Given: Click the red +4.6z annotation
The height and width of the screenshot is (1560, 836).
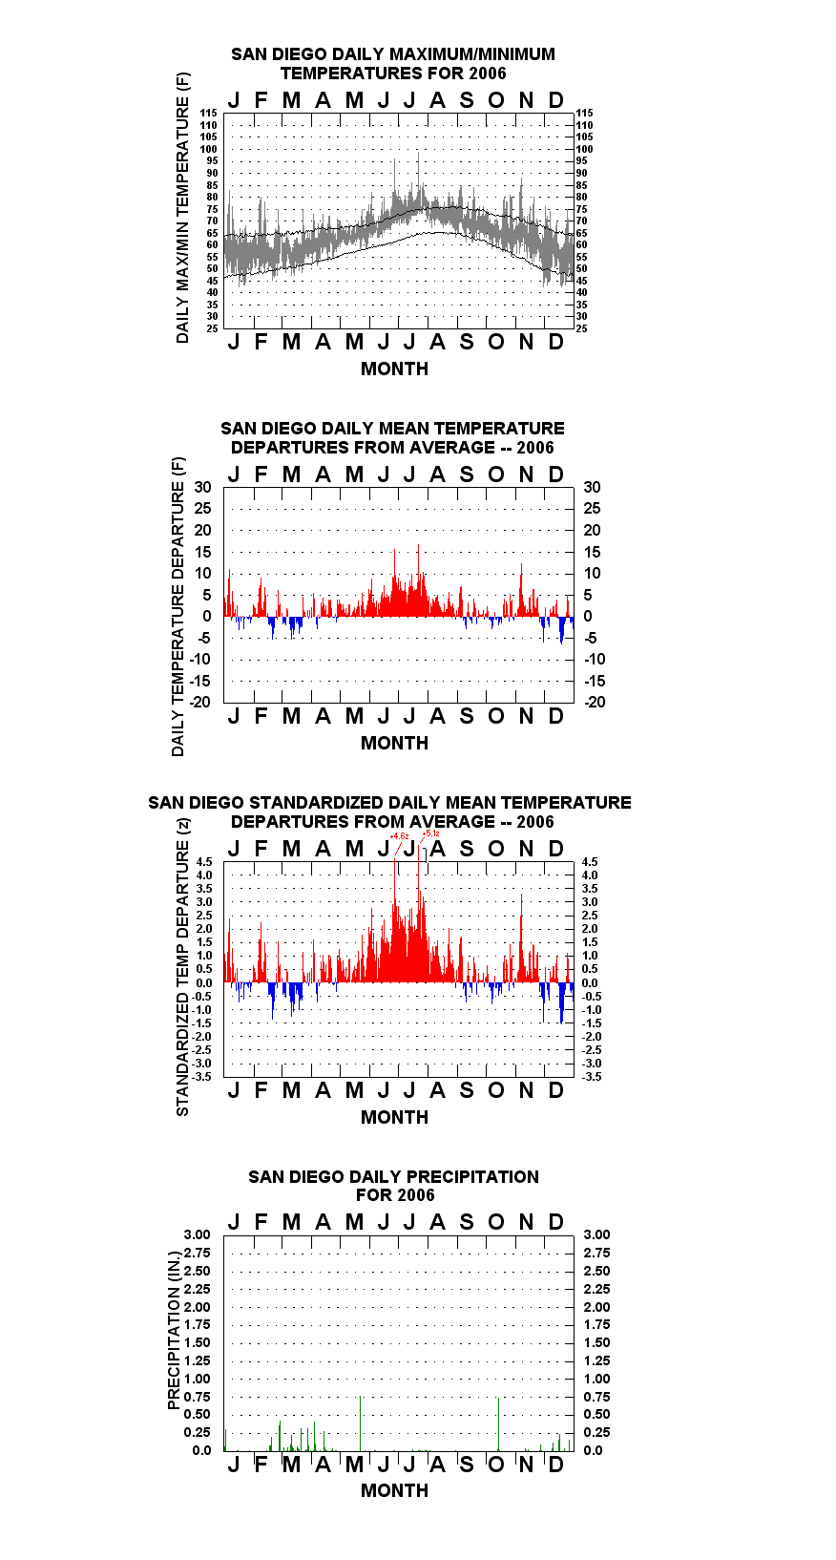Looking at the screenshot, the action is click(x=400, y=835).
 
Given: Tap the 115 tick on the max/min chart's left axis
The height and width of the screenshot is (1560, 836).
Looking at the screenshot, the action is click(x=209, y=113).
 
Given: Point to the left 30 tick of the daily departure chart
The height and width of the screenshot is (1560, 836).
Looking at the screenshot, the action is click(x=202, y=487).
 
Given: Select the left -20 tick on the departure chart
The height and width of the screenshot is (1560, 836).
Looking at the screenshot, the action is click(x=199, y=702).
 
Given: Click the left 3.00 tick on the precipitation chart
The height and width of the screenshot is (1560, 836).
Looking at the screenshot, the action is click(x=197, y=1234).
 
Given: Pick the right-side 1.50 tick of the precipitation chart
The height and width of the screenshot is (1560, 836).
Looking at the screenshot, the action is click(x=596, y=1342).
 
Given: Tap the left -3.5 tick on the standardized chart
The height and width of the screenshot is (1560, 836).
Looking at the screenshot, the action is click(x=202, y=1077).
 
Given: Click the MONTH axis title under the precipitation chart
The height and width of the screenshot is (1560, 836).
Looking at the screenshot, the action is click(x=395, y=1490).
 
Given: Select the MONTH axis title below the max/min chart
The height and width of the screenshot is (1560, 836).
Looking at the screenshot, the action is click(x=395, y=369).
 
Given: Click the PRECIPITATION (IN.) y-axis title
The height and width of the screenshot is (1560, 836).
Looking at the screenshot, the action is click(x=174, y=1331).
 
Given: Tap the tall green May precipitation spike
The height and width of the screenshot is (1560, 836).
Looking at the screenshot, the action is click(x=360, y=1423).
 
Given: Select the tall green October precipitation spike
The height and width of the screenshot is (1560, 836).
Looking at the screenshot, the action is click(x=498, y=1424).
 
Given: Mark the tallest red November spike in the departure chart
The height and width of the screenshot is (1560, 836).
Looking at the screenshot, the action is click(x=521, y=590).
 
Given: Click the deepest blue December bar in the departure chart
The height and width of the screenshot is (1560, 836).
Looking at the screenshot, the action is click(x=562, y=630).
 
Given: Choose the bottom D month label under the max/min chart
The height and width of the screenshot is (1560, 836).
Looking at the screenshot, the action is click(x=555, y=343).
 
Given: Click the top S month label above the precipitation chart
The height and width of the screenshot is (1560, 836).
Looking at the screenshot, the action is click(x=467, y=1222).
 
